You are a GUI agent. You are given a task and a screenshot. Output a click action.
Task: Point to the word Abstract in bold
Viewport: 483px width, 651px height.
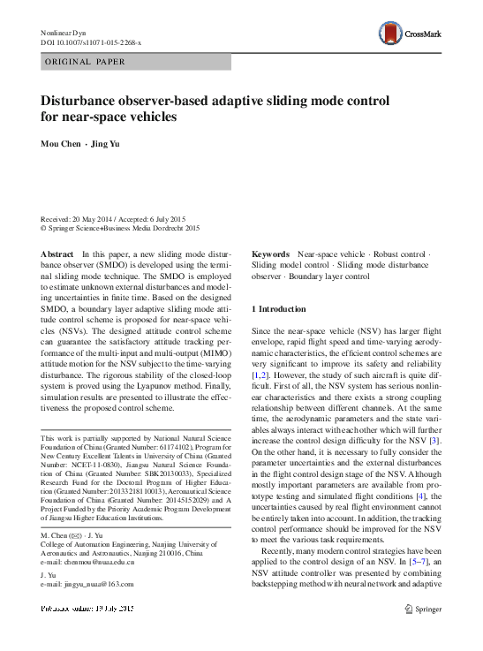click(x=57, y=254)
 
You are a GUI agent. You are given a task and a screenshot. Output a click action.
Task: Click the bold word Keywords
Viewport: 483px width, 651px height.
click(x=271, y=254)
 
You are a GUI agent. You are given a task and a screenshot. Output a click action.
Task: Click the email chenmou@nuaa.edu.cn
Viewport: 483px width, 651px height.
click(x=87, y=563)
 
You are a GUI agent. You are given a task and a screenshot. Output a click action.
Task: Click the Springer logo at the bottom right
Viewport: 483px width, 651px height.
click(x=423, y=608)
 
